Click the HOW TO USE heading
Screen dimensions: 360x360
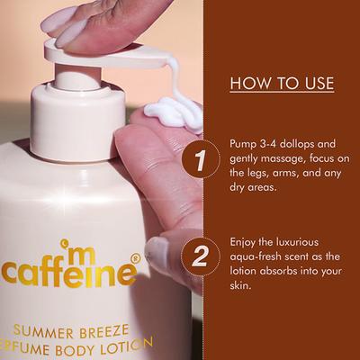coord(282,84)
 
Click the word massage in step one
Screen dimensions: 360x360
coord(286,158)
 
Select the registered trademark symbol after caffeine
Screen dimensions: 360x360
coord(135,258)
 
